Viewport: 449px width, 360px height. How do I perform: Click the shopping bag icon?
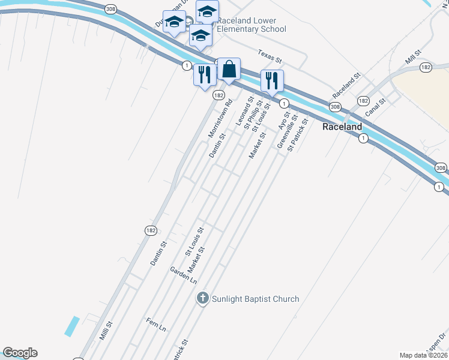click(229, 70)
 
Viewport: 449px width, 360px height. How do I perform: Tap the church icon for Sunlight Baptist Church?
click(203, 298)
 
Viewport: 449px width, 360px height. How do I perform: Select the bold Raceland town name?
click(342, 127)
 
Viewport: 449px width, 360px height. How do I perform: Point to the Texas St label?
click(270, 56)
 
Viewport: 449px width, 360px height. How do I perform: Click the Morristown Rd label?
click(220, 119)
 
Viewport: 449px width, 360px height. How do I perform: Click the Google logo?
click(20, 353)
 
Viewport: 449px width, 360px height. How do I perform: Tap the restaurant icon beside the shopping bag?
click(205, 75)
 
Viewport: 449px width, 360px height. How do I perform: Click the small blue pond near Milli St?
click(71, 326)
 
